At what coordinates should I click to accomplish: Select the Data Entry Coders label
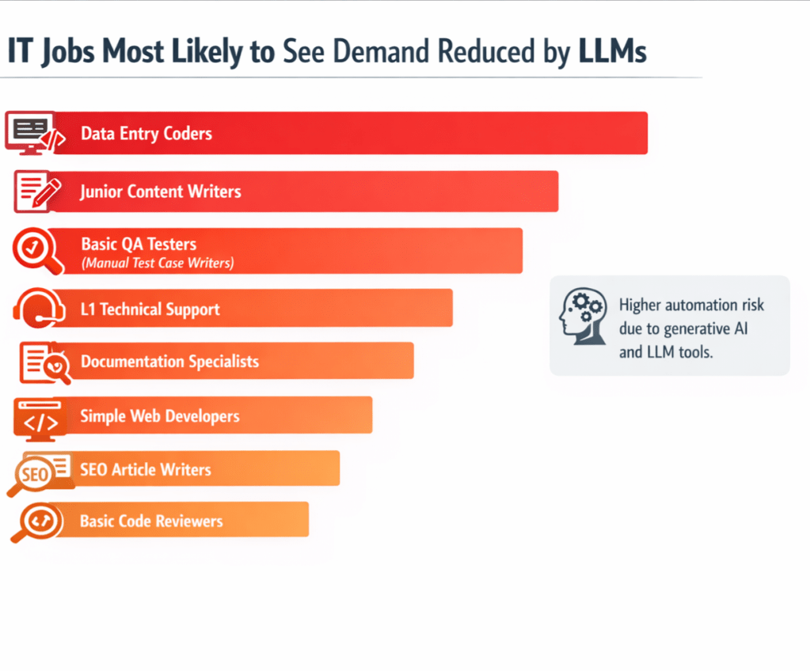click(146, 133)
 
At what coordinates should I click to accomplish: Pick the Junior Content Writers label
click(161, 191)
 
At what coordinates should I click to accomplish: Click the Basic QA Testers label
click(139, 245)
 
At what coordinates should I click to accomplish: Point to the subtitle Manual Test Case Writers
click(158, 263)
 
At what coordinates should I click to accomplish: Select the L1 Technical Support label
click(150, 309)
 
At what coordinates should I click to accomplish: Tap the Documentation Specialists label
click(169, 362)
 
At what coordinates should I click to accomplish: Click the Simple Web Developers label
click(160, 416)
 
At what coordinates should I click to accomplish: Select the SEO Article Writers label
click(146, 469)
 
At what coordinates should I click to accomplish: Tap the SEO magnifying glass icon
click(33, 475)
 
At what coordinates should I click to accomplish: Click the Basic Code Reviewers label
click(151, 521)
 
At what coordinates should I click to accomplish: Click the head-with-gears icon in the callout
click(582, 315)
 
